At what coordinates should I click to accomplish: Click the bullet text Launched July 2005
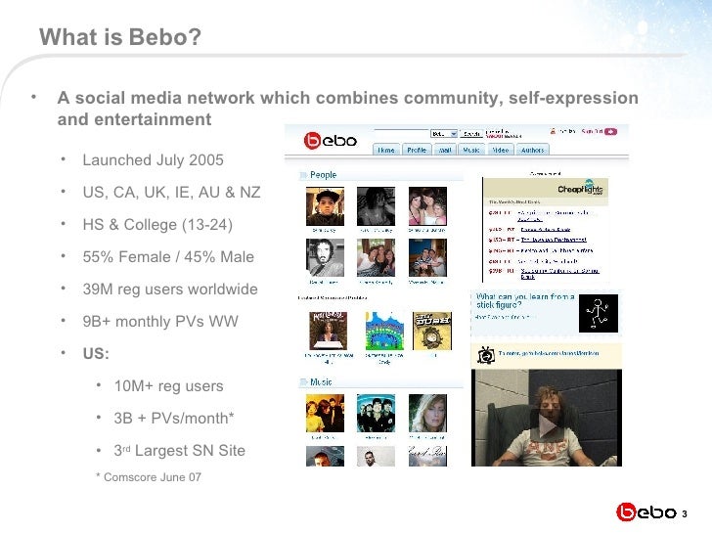pos(153,159)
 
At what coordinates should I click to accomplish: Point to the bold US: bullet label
pos(96,353)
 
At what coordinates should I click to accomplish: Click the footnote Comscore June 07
pos(153,476)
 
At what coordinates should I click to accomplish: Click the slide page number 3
pos(685,514)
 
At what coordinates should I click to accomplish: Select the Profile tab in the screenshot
pos(417,150)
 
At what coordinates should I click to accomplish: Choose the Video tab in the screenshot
pos(500,150)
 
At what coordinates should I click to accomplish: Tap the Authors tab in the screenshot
pos(532,150)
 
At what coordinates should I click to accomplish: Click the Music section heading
pos(323,382)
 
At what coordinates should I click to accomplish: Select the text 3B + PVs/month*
pos(174,419)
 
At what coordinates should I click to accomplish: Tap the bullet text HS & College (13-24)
pos(157,225)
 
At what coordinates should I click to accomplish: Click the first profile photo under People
pos(324,208)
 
